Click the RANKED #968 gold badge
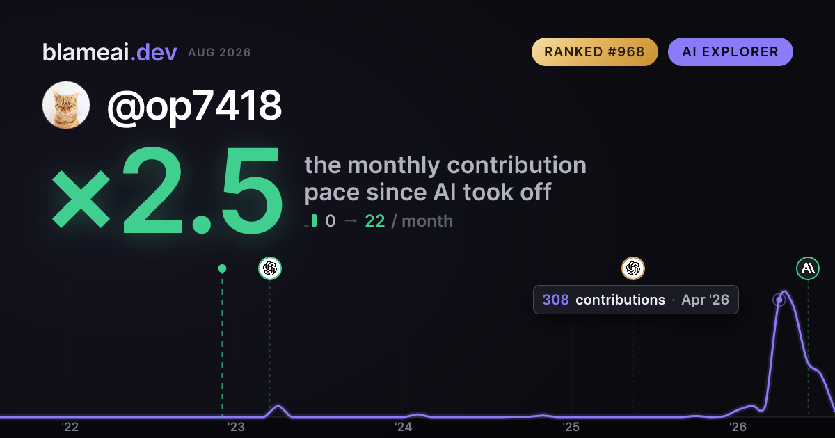pyautogui.click(x=594, y=51)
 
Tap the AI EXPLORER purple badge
pyautogui.click(x=730, y=51)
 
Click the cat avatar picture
pyautogui.click(x=66, y=105)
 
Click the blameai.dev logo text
pyautogui.click(x=110, y=53)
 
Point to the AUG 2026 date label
pyautogui.click(x=219, y=53)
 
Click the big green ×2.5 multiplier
pyautogui.click(x=166, y=190)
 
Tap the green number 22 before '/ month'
pyautogui.click(x=374, y=221)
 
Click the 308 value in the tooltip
pyautogui.click(x=555, y=300)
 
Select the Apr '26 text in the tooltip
pyautogui.click(x=705, y=300)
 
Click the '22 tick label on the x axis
pyautogui.click(x=70, y=427)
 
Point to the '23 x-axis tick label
pyautogui.click(x=237, y=427)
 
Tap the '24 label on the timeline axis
pyautogui.click(x=404, y=427)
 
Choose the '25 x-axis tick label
pyautogui.click(x=571, y=427)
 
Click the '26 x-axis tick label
pyautogui.click(x=738, y=427)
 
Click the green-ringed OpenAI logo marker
pyautogui.click(x=270, y=268)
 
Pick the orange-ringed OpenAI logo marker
pyautogui.click(x=633, y=268)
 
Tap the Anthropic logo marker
pyautogui.click(x=808, y=268)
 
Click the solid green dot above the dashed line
pyautogui.click(x=222, y=268)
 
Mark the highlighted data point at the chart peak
pyautogui.click(x=779, y=300)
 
